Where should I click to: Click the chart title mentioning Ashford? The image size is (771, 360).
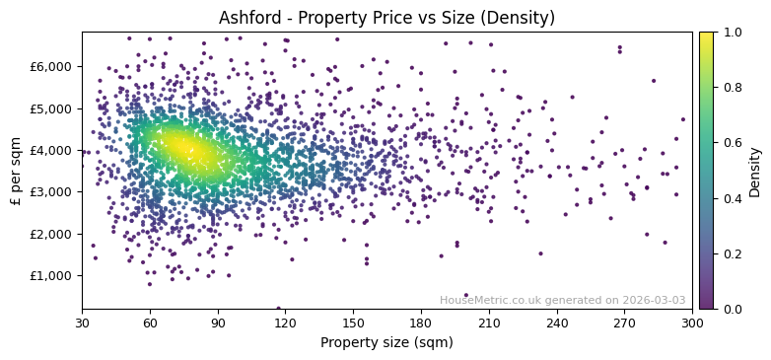386,18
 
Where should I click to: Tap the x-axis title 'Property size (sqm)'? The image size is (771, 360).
386,343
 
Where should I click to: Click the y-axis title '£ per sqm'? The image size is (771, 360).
17,171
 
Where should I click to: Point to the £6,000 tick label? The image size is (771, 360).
51,66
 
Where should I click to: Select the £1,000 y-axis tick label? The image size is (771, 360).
51,275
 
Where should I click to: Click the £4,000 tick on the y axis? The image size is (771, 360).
51,150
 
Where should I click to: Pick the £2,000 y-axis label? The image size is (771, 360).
51,234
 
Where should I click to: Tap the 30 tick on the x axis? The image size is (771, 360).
82,323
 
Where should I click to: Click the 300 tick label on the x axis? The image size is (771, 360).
692,323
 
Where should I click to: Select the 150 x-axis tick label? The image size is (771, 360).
353,323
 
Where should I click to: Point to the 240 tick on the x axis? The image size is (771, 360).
556,323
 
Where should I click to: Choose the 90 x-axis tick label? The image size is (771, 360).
217,323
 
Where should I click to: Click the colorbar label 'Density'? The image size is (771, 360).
755,171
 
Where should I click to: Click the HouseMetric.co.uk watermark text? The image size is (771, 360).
562,300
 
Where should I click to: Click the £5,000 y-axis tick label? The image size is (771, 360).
51,108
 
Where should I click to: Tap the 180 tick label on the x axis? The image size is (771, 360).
421,323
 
